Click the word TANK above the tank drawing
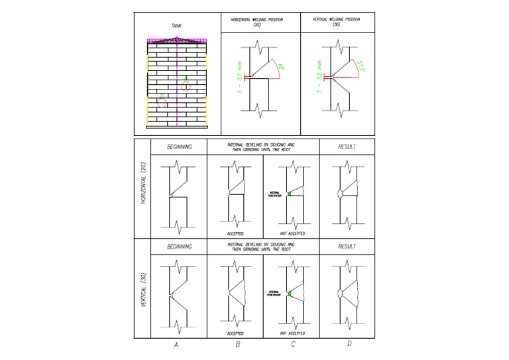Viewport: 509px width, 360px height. tap(177, 25)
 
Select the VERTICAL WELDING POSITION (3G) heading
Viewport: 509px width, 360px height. tap(337, 21)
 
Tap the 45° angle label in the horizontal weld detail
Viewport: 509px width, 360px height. tap(281, 68)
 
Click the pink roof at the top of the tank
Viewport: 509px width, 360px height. tap(177, 40)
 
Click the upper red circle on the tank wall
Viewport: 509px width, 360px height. tap(186, 86)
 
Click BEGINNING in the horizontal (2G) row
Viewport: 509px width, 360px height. tap(179, 147)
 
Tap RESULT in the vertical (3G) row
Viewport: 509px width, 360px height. tap(347, 246)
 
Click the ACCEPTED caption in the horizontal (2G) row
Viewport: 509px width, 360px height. tap(235, 233)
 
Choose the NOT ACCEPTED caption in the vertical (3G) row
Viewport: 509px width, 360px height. tap(292, 333)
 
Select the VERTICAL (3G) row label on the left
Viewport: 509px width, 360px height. tap(142, 289)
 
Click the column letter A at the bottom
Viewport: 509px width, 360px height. tap(176, 345)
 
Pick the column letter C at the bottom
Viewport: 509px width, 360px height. tap(293, 345)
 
